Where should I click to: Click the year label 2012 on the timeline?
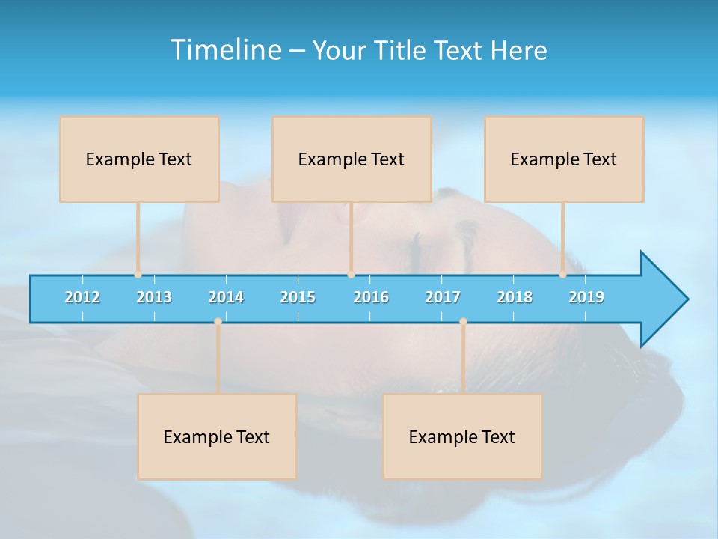(82, 297)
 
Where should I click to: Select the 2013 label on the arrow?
(154, 297)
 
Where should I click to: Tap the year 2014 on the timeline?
(226, 297)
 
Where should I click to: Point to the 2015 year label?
(298, 297)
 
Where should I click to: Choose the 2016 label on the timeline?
(371, 297)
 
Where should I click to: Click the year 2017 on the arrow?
(443, 297)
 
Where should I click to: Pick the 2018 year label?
(515, 297)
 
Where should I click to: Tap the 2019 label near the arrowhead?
(586, 297)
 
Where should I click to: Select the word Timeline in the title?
(224, 50)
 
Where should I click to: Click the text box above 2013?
(139, 159)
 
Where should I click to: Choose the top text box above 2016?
(352, 159)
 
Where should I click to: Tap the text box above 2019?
(564, 159)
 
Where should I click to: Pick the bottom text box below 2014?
(217, 436)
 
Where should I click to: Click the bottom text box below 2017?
(462, 436)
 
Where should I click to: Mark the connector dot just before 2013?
(138, 275)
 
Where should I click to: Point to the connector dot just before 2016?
(351, 275)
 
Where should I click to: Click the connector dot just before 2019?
(562, 275)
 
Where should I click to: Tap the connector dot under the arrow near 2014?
(218, 322)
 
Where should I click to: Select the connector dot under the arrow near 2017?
(463, 322)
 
